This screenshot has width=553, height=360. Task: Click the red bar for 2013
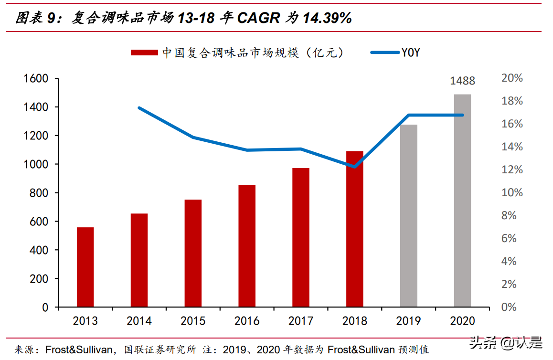(85, 267)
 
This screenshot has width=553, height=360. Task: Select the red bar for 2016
(247, 246)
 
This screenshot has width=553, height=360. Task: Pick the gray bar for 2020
(462, 201)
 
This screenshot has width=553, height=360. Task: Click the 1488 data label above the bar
(462, 81)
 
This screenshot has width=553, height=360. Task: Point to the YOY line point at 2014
(139, 108)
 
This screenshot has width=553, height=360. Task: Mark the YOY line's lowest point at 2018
(354, 167)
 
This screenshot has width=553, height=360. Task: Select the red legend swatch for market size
(144, 53)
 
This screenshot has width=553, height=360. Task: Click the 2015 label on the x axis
(193, 321)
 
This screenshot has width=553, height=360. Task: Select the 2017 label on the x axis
(301, 321)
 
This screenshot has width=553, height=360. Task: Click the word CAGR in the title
(258, 18)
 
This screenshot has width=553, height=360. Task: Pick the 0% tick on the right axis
(509, 307)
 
